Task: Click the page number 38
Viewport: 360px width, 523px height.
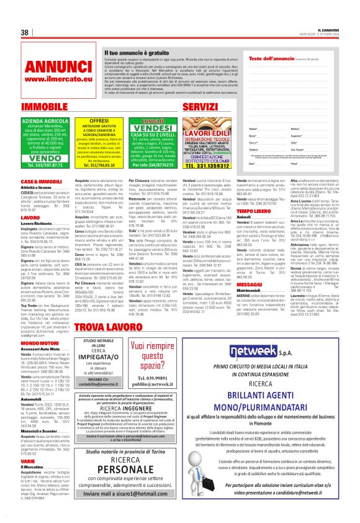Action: tap(25, 32)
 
